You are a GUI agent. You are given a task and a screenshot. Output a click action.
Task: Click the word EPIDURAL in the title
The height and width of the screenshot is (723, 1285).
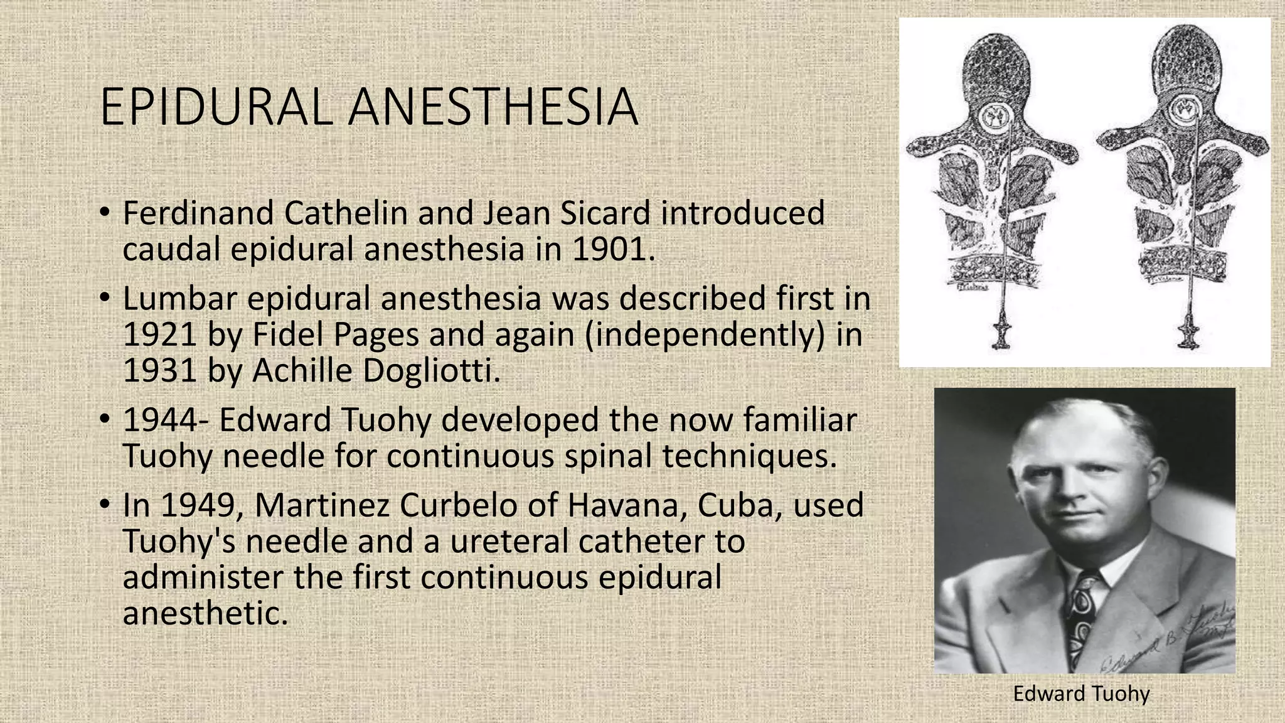215,107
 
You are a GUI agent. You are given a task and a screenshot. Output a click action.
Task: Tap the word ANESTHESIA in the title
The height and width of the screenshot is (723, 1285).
493,107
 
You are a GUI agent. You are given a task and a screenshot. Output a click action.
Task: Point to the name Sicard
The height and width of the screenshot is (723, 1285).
604,213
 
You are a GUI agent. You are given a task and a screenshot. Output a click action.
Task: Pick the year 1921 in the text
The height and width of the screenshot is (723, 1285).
160,335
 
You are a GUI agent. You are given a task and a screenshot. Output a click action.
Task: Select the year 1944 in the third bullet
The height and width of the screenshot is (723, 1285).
160,420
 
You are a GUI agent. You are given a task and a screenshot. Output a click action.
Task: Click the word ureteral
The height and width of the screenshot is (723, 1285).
509,541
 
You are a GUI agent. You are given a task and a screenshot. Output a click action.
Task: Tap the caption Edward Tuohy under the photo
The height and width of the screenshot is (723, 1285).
1081,694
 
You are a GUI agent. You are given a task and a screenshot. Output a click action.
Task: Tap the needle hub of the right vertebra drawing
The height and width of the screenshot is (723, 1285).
1188,331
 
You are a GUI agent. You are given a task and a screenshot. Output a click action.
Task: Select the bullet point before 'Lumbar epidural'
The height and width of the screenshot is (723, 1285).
105,298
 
